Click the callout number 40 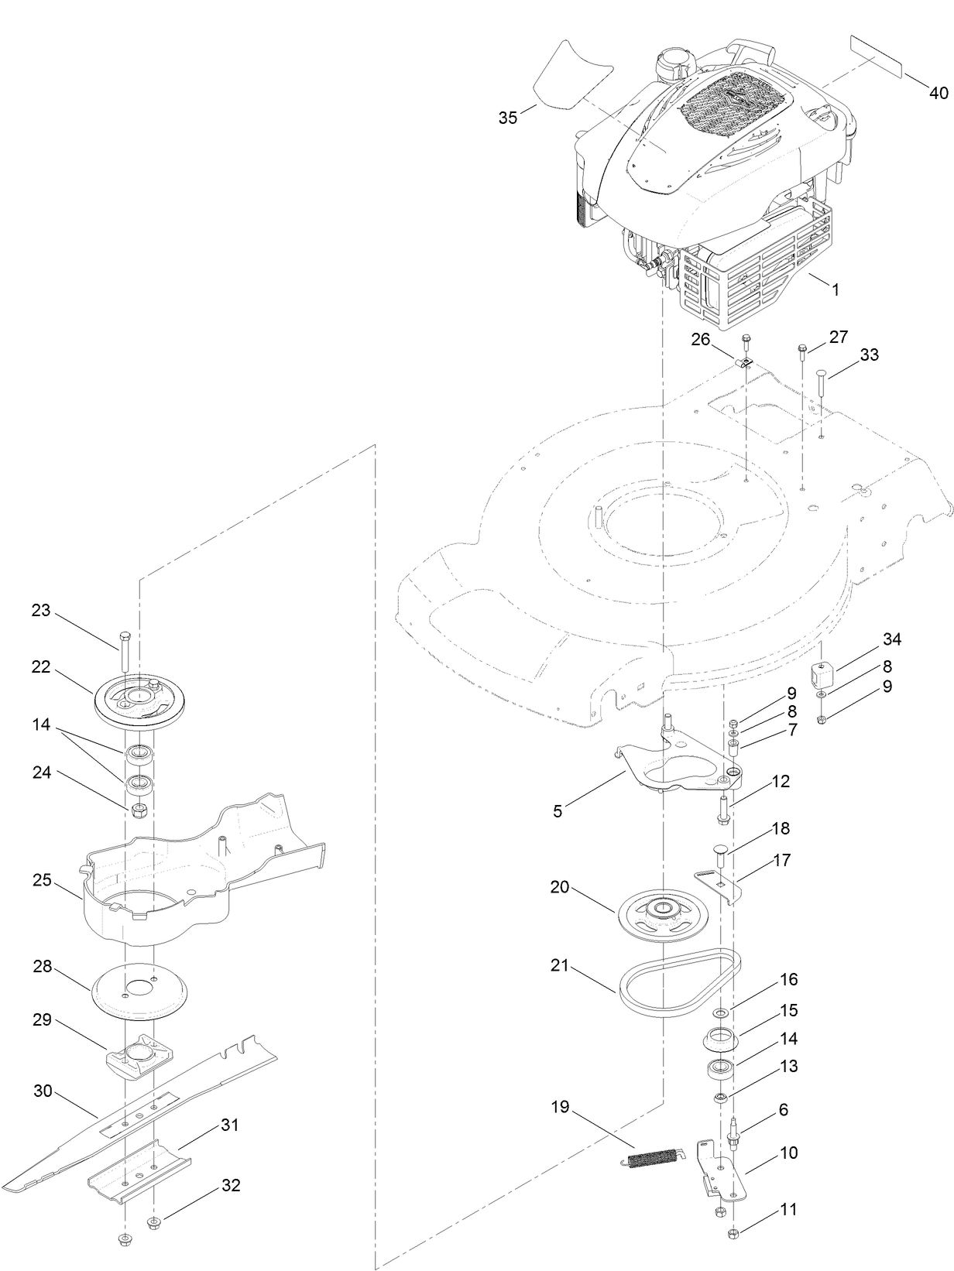coord(938,93)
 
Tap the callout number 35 coord(508,118)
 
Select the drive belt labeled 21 coord(680,983)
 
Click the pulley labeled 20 coord(663,916)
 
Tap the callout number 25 coord(42,880)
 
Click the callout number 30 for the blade coord(43,1091)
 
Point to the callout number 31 coord(230,1125)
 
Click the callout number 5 coord(558,811)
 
